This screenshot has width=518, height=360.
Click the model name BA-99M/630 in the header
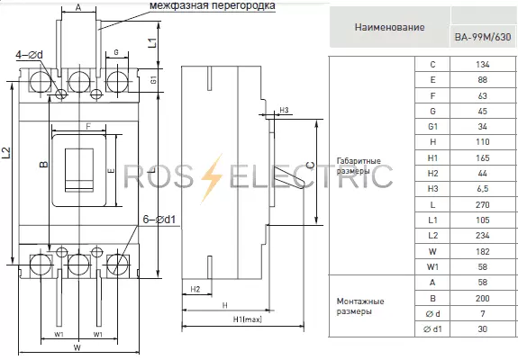pos(483,37)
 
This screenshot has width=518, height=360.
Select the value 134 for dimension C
pos(482,64)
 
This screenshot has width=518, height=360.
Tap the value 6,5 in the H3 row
pos(482,189)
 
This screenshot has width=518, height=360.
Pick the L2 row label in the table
pos(432,236)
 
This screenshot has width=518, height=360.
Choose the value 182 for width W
pos(482,251)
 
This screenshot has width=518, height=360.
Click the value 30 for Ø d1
pos(482,329)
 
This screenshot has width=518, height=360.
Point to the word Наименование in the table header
pos(389,27)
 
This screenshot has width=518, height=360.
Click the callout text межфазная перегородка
pos(213,5)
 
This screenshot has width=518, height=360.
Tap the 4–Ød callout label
pos(29,55)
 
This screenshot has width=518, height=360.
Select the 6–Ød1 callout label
pos(159,219)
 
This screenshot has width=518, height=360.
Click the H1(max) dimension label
pos(248,319)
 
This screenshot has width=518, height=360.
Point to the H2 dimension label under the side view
pos(195,290)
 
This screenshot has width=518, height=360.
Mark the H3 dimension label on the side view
pos(284,110)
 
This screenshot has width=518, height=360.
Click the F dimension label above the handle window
pos(88,126)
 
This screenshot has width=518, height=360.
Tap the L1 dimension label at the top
pos(152,43)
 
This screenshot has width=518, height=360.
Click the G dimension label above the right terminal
pos(116,52)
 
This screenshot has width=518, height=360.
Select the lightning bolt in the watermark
pos(212,178)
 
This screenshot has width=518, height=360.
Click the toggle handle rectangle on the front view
pos(79,170)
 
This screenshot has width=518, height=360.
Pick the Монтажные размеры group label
pos(360,306)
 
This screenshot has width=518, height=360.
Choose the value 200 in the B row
pos(482,298)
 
